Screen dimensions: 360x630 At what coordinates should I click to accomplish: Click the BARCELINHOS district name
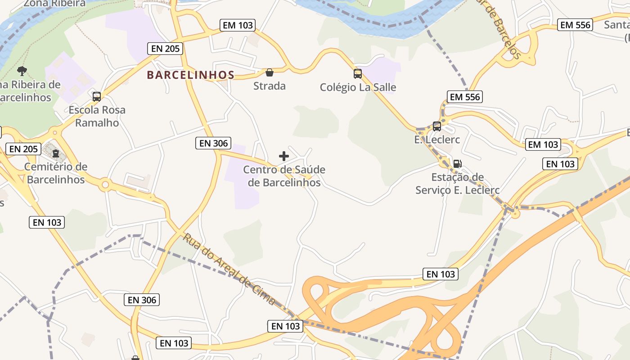click(x=191, y=75)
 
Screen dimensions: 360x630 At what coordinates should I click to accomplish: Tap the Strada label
click(x=270, y=85)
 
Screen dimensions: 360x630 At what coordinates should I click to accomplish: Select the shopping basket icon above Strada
click(x=270, y=72)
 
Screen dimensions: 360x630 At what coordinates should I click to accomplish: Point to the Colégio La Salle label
click(x=358, y=87)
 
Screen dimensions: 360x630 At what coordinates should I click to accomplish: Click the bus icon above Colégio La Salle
click(x=358, y=74)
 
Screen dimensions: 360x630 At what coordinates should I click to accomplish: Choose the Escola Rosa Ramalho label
click(x=97, y=116)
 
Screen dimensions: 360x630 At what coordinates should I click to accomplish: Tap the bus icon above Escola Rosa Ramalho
click(x=96, y=96)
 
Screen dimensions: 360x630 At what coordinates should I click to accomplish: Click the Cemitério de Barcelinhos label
click(x=56, y=173)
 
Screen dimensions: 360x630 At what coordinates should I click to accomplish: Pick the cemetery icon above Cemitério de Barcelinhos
click(x=56, y=154)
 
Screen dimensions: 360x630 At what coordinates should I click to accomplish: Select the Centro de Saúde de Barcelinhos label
click(x=284, y=176)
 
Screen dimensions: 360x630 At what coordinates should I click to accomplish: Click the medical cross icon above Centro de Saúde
click(x=284, y=156)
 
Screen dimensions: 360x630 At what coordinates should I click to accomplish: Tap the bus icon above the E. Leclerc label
click(x=436, y=126)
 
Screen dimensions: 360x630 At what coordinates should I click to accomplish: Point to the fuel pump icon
click(x=457, y=164)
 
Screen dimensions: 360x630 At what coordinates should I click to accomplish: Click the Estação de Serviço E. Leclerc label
click(x=457, y=184)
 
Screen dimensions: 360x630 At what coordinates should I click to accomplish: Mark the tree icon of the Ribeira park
click(x=22, y=71)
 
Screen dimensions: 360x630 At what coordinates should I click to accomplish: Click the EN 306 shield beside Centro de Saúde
click(x=214, y=143)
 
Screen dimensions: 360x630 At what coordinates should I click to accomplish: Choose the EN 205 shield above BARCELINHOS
click(x=166, y=49)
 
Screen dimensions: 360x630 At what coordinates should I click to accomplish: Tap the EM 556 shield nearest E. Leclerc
click(x=465, y=97)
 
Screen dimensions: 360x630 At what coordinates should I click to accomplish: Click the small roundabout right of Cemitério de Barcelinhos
click(x=105, y=184)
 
